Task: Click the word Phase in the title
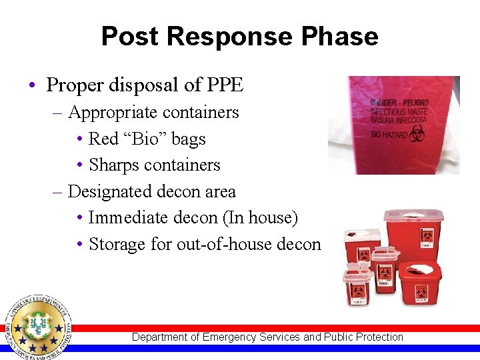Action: pyautogui.click(x=343, y=36)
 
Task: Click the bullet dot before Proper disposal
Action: pyautogui.click(x=33, y=86)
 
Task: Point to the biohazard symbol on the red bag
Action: pyautogui.click(x=418, y=133)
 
